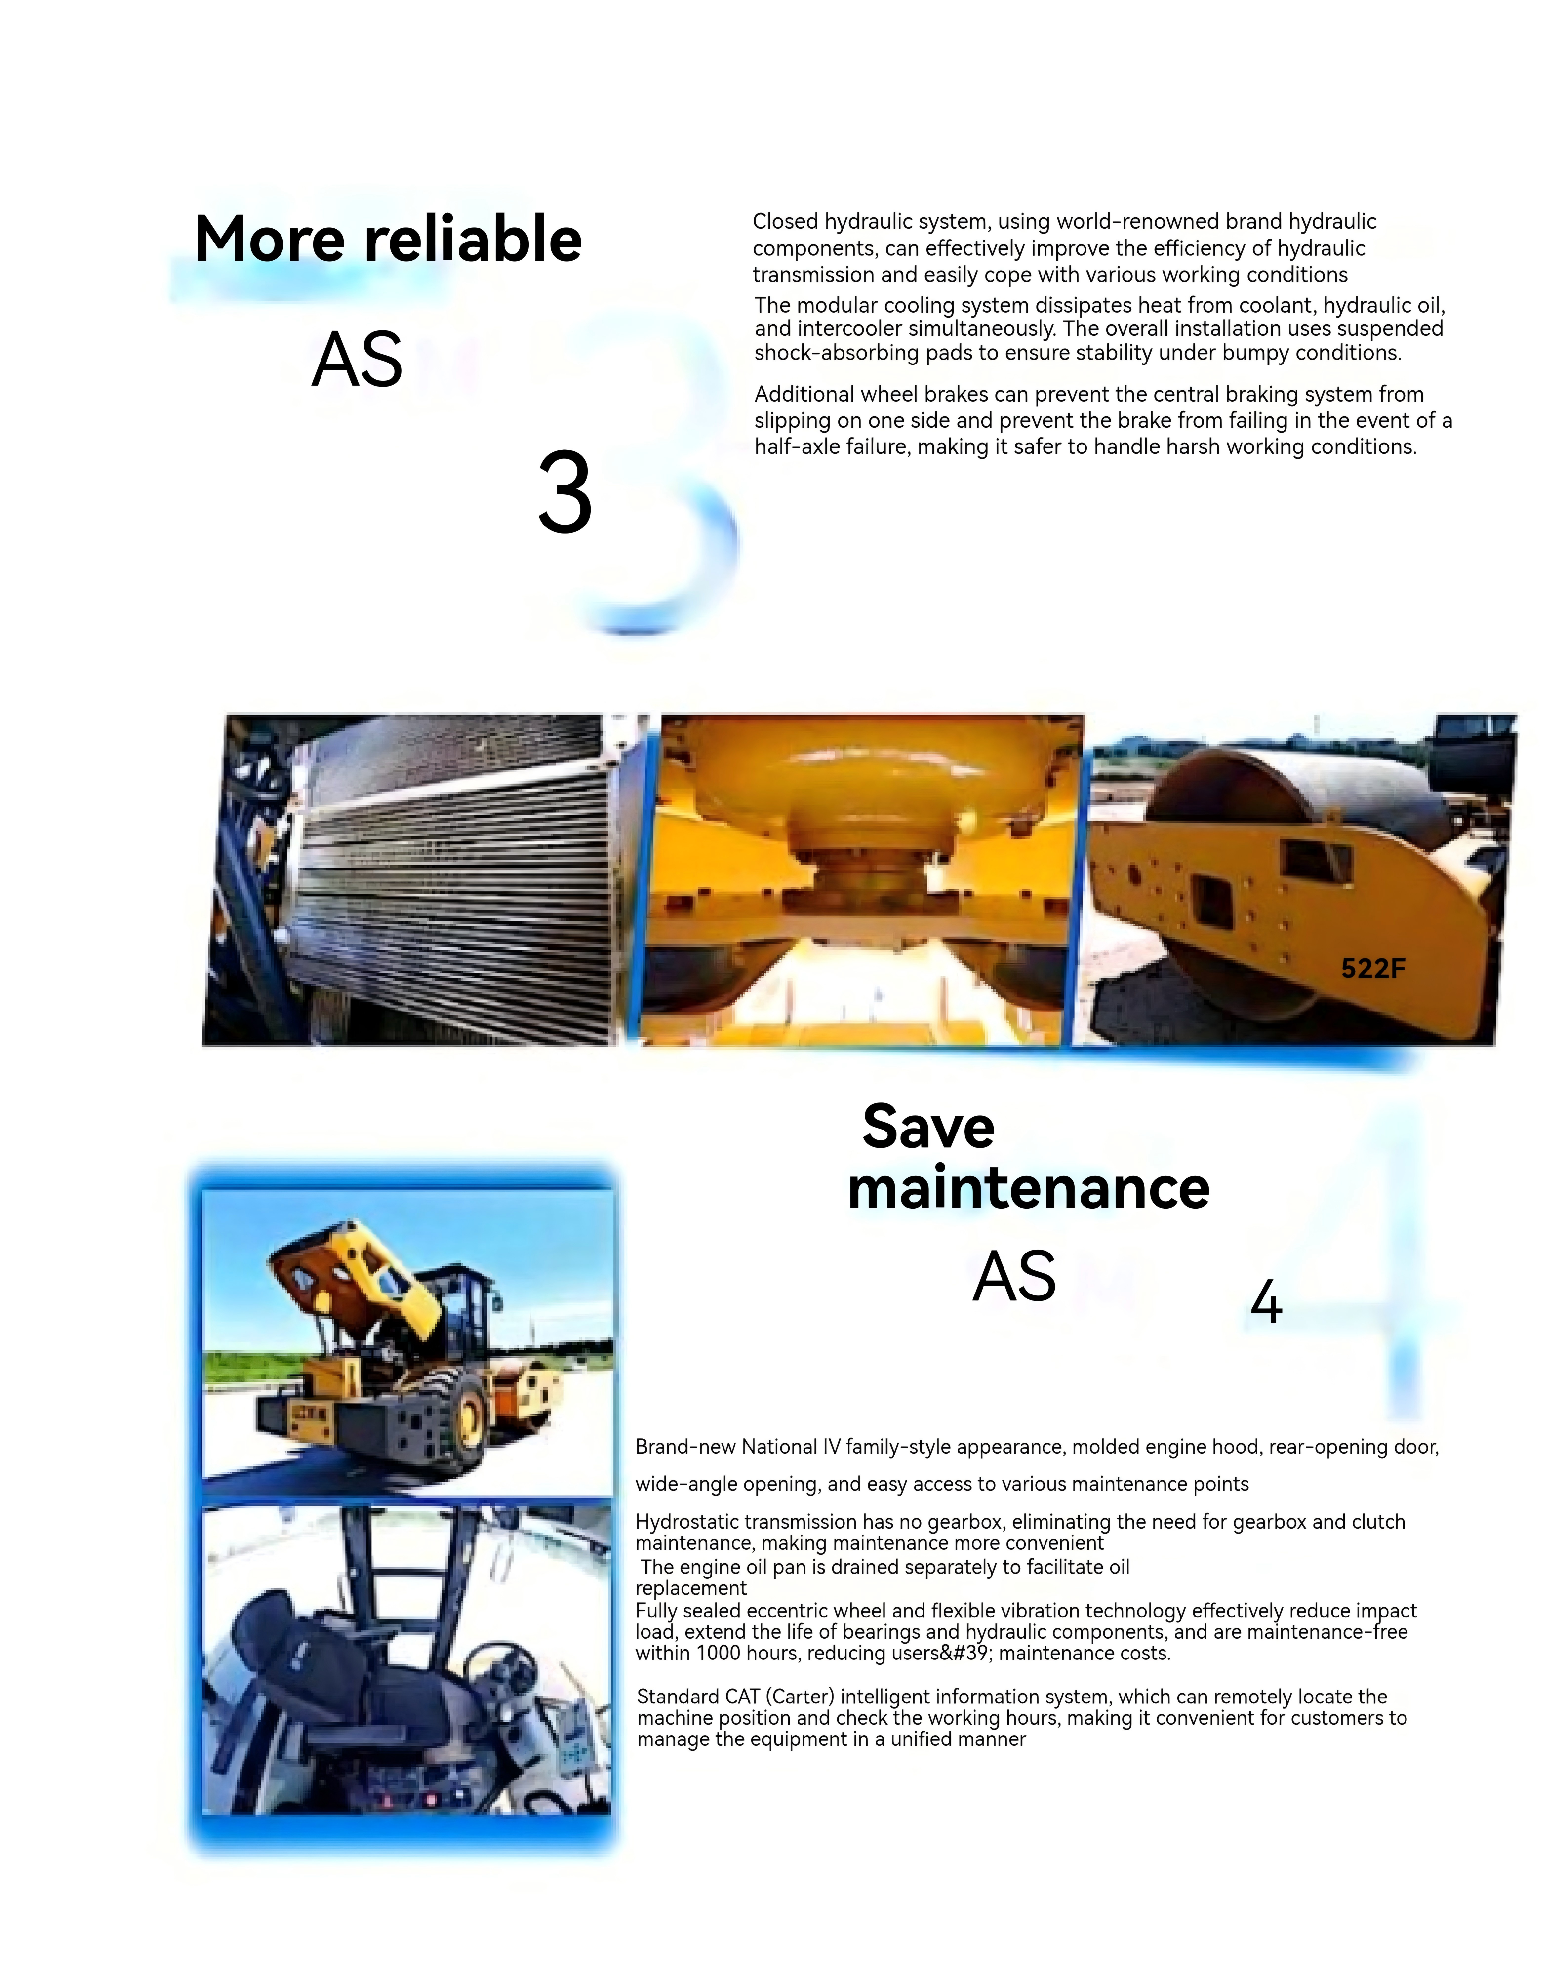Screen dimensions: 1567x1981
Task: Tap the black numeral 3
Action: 565,492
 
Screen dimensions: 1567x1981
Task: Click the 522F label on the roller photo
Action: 1372,968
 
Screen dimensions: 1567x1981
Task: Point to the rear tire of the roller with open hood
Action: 467,1415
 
